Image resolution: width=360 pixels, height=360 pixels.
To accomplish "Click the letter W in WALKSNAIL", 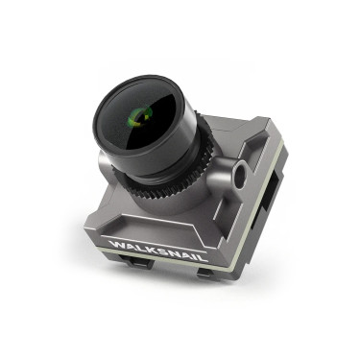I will (x=115, y=244).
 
